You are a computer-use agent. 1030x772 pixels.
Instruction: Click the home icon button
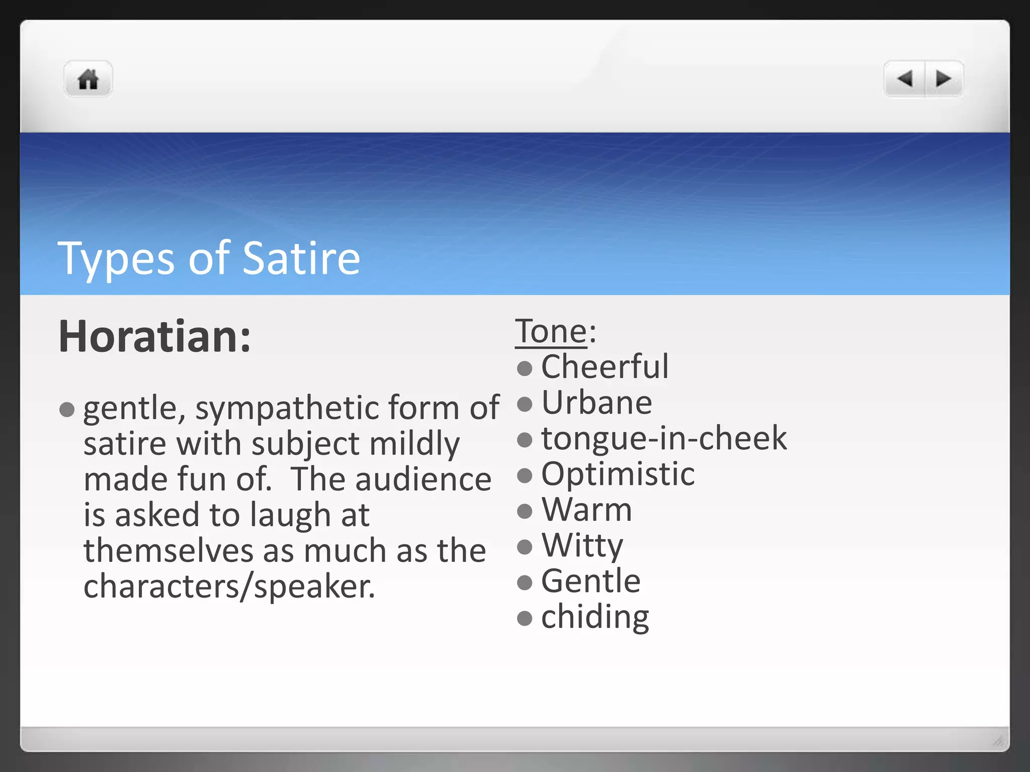point(88,79)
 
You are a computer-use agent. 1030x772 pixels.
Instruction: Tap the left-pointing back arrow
point(905,78)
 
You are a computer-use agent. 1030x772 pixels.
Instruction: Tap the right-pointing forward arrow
point(943,78)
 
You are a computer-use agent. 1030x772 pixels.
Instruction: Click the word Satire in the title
point(301,258)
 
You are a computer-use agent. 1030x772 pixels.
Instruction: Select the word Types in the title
point(116,258)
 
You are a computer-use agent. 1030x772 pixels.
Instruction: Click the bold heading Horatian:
point(154,336)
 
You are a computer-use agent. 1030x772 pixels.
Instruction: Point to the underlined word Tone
point(551,332)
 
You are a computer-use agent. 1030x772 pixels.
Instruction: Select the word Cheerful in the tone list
point(605,367)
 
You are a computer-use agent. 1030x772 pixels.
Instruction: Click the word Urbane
point(597,403)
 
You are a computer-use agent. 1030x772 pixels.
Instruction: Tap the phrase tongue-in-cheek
point(664,438)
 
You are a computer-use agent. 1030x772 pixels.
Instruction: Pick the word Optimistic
point(618,474)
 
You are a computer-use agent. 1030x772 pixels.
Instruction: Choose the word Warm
point(587,510)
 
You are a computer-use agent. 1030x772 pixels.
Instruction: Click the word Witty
point(582,545)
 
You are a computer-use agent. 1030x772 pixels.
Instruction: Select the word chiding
point(595,617)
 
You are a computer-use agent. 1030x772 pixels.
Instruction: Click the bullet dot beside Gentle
point(525,583)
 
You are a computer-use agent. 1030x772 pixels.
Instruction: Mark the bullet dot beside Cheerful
point(525,368)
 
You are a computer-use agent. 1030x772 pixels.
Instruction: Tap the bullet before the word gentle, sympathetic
point(67,409)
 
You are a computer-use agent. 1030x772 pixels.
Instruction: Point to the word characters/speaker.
point(229,587)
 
